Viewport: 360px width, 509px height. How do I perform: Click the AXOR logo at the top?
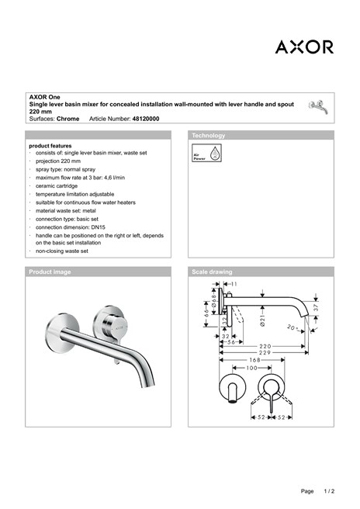pyautogui.click(x=304, y=47)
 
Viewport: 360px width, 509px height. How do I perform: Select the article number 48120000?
pyautogui.click(x=146, y=119)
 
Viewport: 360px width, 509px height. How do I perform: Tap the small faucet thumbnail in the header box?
pyautogui.click(x=317, y=106)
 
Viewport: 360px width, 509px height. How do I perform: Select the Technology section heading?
pyautogui.click(x=208, y=136)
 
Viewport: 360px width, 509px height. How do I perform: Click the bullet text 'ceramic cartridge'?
pyautogui.click(x=61, y=186)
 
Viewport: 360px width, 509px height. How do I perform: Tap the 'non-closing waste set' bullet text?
pyautogui.click(x=62, y=251)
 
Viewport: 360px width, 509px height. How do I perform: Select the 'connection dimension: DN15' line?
pyautogui.click(x=72, y=227)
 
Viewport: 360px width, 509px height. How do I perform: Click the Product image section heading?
pyautogui.click(x=50, y=272)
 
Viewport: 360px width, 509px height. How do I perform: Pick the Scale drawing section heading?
pyautogui.click(x=212, y=272)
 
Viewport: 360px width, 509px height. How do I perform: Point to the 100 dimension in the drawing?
pyautogui.click(x=251, y=368)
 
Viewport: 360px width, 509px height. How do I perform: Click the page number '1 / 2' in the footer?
pyautogui.click(x=329, y=492)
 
